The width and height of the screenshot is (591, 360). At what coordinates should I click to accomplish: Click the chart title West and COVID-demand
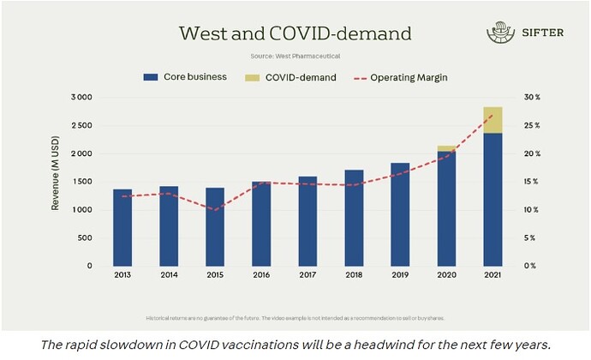[x=295, y=33]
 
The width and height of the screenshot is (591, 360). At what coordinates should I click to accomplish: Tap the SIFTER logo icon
[x=498, y=33]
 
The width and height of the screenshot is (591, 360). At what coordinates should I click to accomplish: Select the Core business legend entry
[x=185, y=77]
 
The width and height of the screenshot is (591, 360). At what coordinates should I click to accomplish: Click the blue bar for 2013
[x=123, y=227]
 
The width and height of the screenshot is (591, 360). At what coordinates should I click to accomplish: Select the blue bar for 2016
[x=261, y=224]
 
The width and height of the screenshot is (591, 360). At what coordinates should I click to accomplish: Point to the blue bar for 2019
[x=400, y=214]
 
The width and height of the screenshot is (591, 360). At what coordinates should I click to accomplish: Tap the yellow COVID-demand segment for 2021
[x=493, y=120]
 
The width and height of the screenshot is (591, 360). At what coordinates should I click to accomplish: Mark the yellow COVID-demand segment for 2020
[x=446, y=149]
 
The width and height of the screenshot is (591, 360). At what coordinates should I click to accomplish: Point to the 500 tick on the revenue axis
[x=85, y=238]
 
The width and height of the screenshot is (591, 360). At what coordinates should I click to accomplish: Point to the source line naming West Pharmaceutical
[x=295, y=56]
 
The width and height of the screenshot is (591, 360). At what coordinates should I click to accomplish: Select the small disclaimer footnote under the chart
[x=295, y=316]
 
